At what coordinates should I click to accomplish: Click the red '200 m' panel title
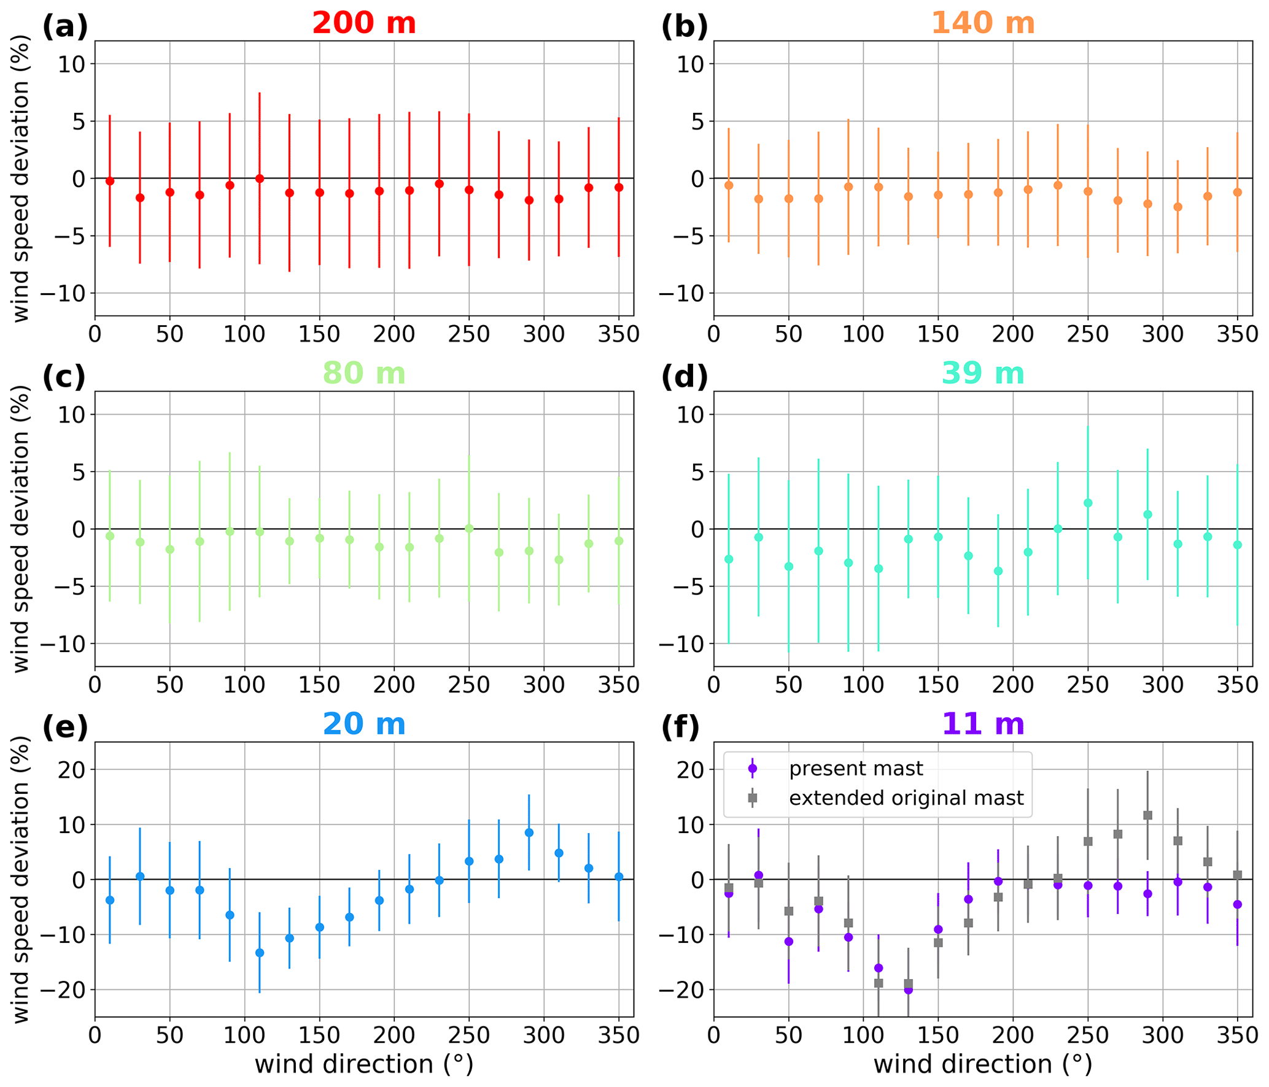(x=363, y=23)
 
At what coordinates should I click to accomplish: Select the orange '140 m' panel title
(x=982, y=23)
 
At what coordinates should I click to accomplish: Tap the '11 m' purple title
(x=982, y=724)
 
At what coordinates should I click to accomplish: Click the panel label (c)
(x=64, y=376)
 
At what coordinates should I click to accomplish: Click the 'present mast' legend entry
(x=855, y=769)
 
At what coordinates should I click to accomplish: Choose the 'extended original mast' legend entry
(x=906, y=798)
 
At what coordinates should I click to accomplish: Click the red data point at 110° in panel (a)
(x=260, y=179)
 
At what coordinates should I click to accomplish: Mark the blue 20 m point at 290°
(x=529, y=832)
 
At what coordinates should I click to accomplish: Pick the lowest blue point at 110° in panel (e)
(x=260, y=953)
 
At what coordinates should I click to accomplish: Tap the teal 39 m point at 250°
(x=1088, y=503)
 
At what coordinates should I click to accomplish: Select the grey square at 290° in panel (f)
(x=1147, y=815)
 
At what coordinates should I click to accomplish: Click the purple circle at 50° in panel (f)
(x=789, y=942)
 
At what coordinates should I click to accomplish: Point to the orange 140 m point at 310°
(x=1178, y=207)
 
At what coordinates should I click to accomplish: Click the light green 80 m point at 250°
(x=469, y=528)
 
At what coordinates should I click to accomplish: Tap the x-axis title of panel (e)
(x=363, y=1064)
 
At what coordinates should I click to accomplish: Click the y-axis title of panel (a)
(x=21, y=179)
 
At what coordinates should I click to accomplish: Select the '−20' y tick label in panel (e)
(x=63, y=990)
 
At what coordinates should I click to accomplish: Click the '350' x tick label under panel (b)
(x=1236, y=334)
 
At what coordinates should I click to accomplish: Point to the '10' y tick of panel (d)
(x=691, y=415)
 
